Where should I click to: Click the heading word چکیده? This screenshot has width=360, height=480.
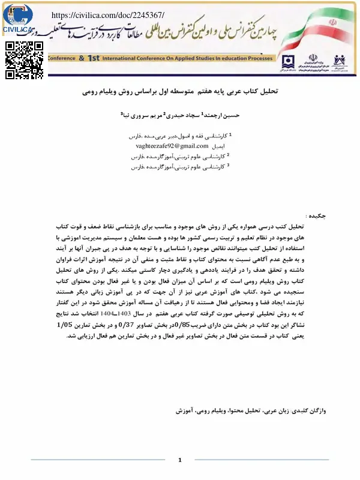point(317,215)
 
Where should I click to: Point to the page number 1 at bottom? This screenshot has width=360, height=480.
point(179,460)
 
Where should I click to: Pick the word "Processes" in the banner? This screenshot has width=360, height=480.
point(255,59)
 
